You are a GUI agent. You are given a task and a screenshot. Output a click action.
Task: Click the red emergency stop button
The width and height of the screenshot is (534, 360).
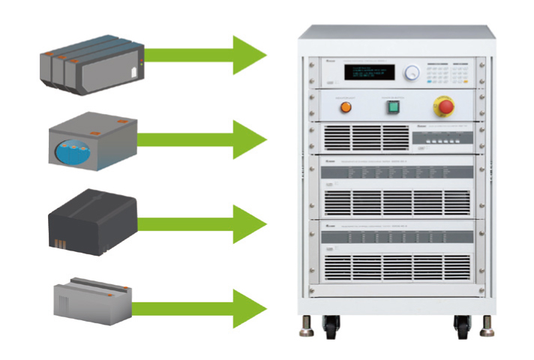pos(445,106)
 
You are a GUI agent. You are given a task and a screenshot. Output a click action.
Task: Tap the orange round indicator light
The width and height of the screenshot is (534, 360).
pos(346,106)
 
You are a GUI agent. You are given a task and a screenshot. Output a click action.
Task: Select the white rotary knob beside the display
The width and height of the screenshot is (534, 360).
pos(410,73)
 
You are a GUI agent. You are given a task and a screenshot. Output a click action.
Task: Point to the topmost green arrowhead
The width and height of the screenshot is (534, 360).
pos(249,55)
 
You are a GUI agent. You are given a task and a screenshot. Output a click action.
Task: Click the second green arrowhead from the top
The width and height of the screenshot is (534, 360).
pos(249,139)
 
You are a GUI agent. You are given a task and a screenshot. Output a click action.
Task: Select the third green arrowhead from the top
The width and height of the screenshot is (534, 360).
pos(249,223)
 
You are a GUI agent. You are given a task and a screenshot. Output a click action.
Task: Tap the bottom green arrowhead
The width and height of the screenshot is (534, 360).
pos(249,307)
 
